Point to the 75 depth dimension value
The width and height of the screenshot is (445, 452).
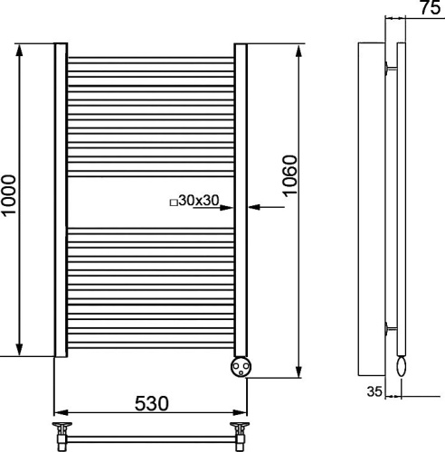[429, 8]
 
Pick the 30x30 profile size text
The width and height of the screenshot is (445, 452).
[199, 200]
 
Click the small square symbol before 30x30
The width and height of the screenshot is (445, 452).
[173, 203]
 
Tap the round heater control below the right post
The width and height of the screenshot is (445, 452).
[241, 367]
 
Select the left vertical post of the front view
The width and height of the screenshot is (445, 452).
[60, 199]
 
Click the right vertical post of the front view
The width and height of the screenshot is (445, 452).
[241, 199]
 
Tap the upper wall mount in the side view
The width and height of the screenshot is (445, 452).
[389, 68]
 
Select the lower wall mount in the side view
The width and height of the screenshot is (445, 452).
[389, 328]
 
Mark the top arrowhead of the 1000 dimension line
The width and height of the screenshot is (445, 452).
[19, 48]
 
